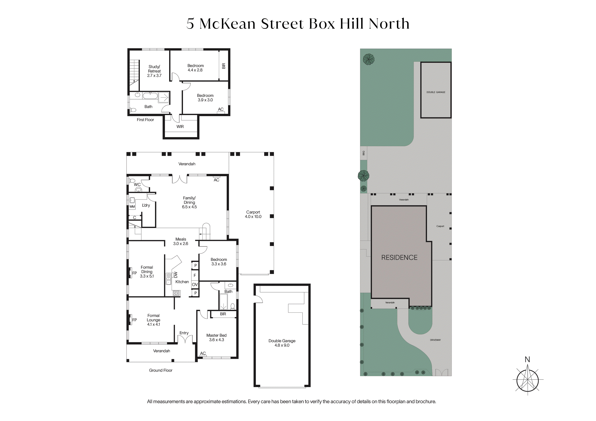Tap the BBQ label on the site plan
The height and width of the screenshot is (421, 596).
pos(364,153)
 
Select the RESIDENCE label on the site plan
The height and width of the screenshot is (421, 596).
pos(399,258)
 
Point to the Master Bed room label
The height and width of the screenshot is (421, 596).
pos(217,337)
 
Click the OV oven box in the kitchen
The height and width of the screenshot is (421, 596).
pos(195,284)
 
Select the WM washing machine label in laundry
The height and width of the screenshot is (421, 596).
pos(132,207)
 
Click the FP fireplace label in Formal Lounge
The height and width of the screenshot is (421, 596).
pos(134,320)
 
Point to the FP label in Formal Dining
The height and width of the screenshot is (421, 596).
pos(134,273)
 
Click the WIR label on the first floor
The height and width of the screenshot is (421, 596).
pos(180,127)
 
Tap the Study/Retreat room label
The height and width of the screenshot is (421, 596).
pos(154,71)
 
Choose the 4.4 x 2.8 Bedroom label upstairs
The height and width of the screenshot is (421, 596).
pos(195,68)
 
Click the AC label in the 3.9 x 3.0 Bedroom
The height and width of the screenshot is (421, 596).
pos(221,109)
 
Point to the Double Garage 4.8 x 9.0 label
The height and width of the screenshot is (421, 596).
pos(282,343)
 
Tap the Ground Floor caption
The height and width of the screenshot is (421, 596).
pos(161,370)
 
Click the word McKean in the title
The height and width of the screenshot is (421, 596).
pos(228,24)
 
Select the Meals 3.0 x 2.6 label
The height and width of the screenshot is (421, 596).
pos(181,241)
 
